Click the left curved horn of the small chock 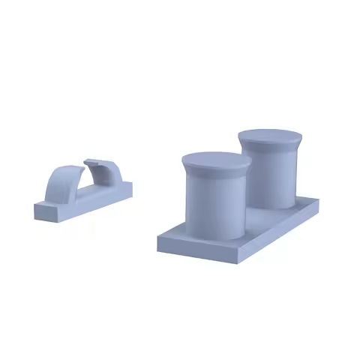point(60,184)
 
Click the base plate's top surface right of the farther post point(304,202)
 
